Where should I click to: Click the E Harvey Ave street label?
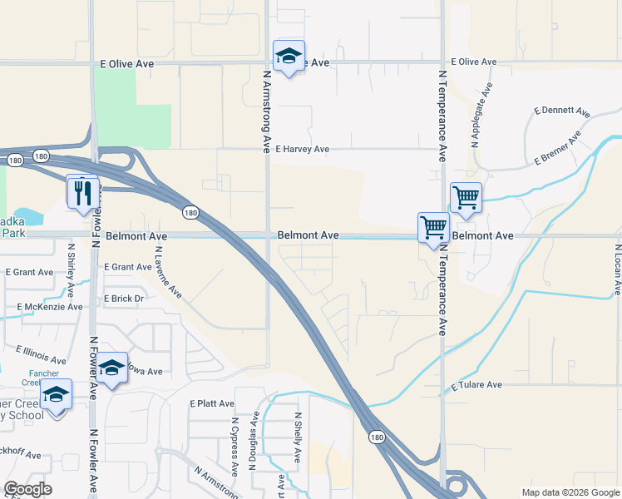[x=303, y=150]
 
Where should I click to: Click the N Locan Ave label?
[x=616, y=269]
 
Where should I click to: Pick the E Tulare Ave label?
[x=476, y=386]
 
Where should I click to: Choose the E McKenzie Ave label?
[x=50, y=307]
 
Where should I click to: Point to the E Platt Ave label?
[x=212, y=403]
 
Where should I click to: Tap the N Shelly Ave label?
[x=297, y=437]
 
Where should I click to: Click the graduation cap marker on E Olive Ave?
[x=289, y=56]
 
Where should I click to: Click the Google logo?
[x=27, y=489]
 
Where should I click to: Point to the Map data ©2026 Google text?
[x=570, y=492]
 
